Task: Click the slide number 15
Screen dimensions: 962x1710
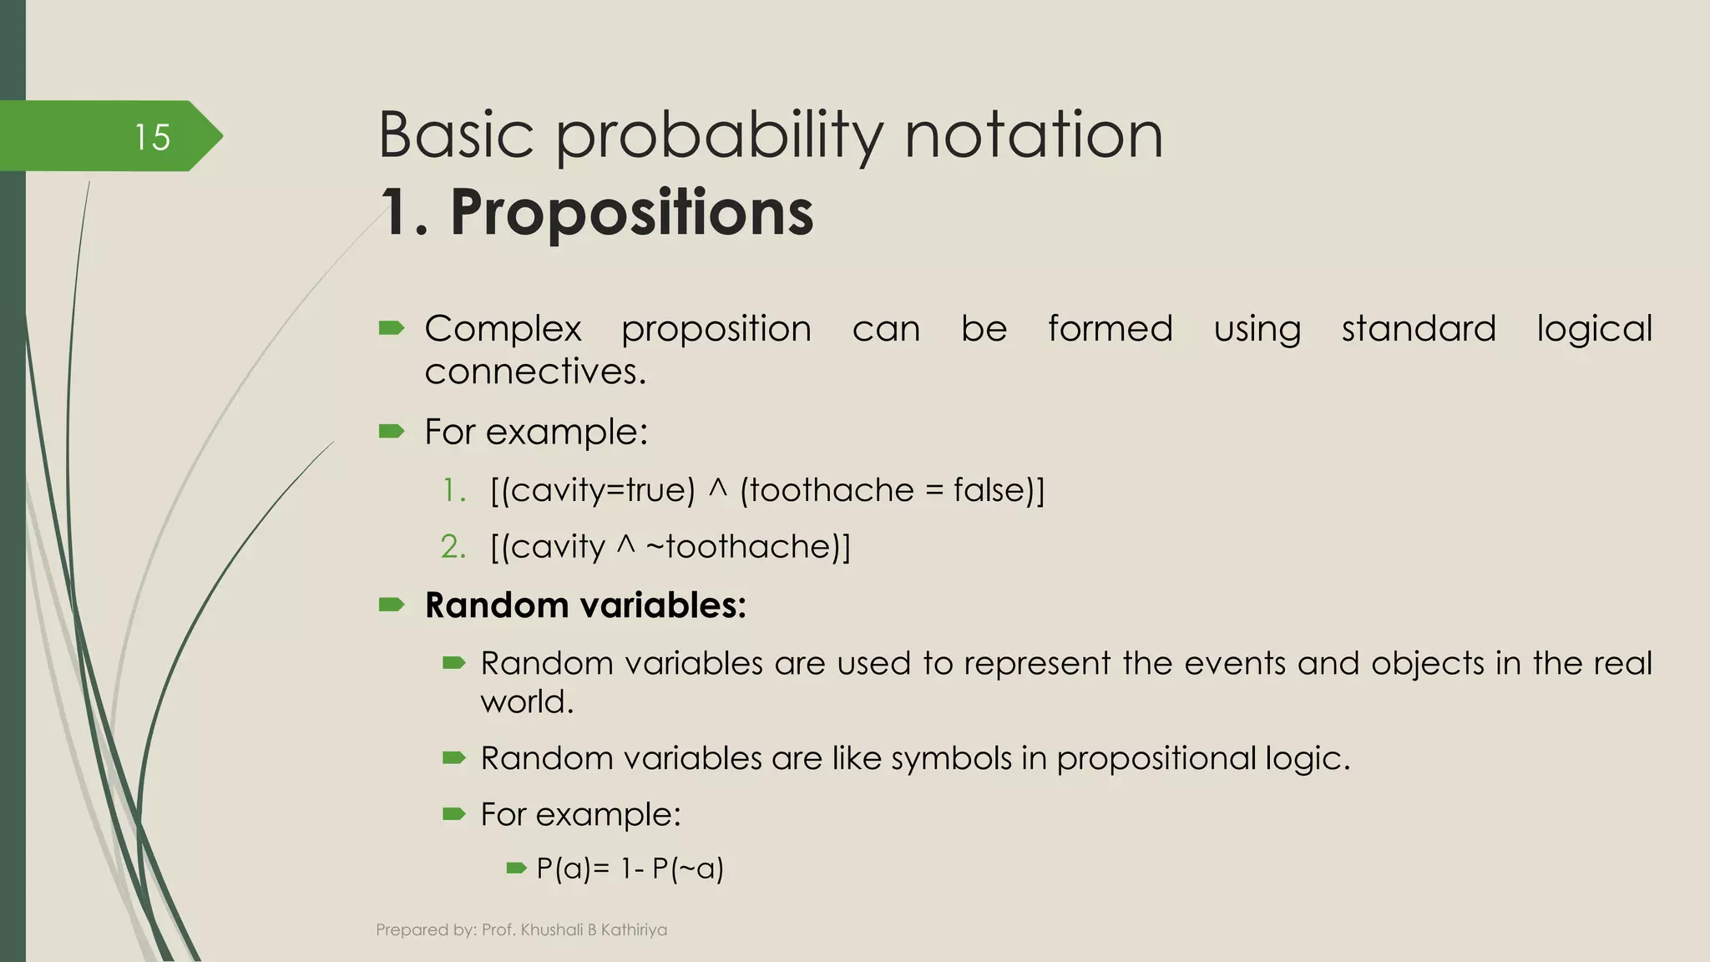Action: tap(152, 137)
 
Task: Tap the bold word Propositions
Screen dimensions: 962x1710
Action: tap(631, 212)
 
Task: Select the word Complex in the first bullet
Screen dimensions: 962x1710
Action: tap(503, 329)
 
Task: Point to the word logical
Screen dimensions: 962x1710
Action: tap(1594, 329)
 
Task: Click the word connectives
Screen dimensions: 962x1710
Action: tap(534, 372)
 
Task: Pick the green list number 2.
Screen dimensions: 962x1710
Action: tap(453, 547)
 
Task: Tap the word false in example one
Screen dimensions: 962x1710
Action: tap(988, 490)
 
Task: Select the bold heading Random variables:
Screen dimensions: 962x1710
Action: tap(585, 605)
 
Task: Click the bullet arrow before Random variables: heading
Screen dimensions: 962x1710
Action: tap(391, 605)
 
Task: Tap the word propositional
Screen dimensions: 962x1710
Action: tap(1156, 758)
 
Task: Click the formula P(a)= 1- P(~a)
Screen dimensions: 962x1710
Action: tap(630, 868)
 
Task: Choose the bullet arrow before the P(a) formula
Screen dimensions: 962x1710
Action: tap(516, 868)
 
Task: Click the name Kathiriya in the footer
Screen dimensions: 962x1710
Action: tap(634, 929)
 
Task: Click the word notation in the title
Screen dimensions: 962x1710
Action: tap(1034, 137)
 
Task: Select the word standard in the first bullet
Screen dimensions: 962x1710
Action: tap(1418, 329)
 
